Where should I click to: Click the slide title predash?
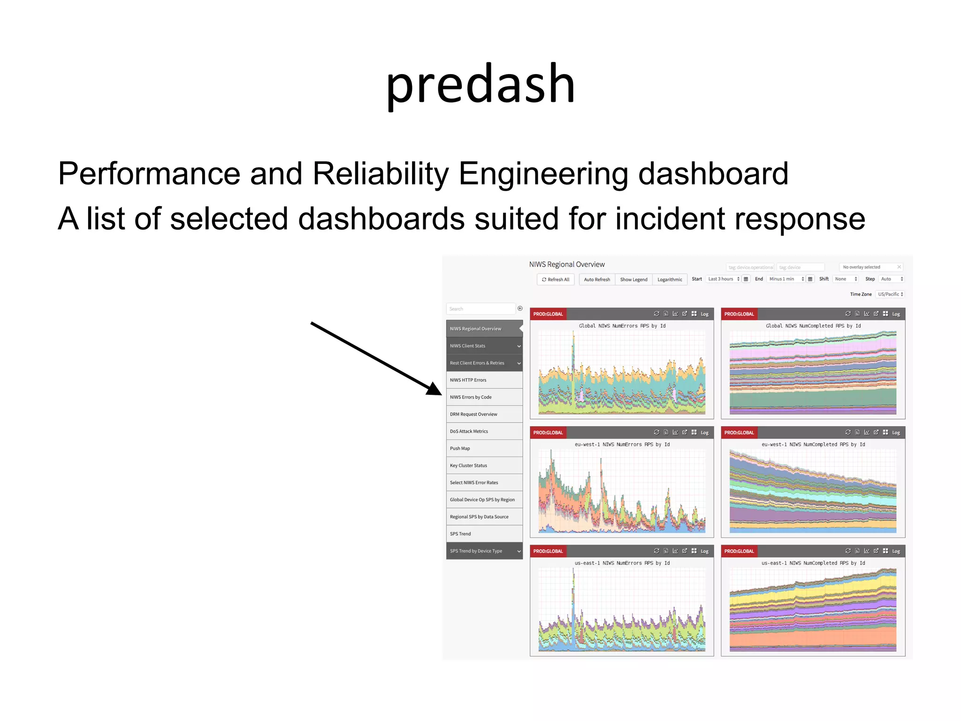pos(480,84)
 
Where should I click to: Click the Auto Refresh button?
pos(597,279)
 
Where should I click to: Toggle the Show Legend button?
pos(633,279)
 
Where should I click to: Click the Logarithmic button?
pos(670,279)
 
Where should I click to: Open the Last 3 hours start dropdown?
pos(723,279)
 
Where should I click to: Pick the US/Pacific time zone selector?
pos(890,294)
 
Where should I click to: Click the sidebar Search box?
pos(480,309)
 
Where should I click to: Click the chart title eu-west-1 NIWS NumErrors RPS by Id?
pos(622,445)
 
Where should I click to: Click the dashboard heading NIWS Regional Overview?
pos(567,265)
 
